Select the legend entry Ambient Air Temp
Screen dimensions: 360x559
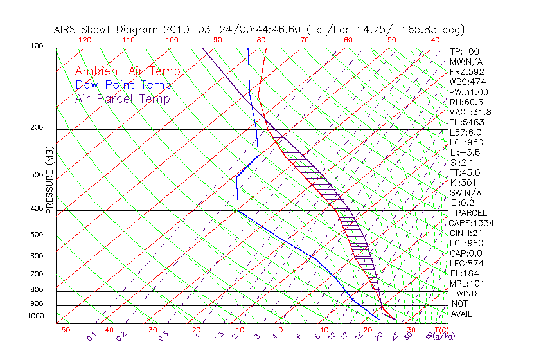(128, 71)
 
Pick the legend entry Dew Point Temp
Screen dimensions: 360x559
(123, 85)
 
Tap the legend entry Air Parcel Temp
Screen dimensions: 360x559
(123, 98)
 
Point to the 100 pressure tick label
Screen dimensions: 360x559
(37, 46)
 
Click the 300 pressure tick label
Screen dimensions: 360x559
(37, 175)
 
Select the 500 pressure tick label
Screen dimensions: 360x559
(37, 235)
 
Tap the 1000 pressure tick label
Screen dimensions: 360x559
(35, 316)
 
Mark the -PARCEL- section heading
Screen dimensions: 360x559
(471, 213)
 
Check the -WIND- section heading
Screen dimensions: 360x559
(466, 294)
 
